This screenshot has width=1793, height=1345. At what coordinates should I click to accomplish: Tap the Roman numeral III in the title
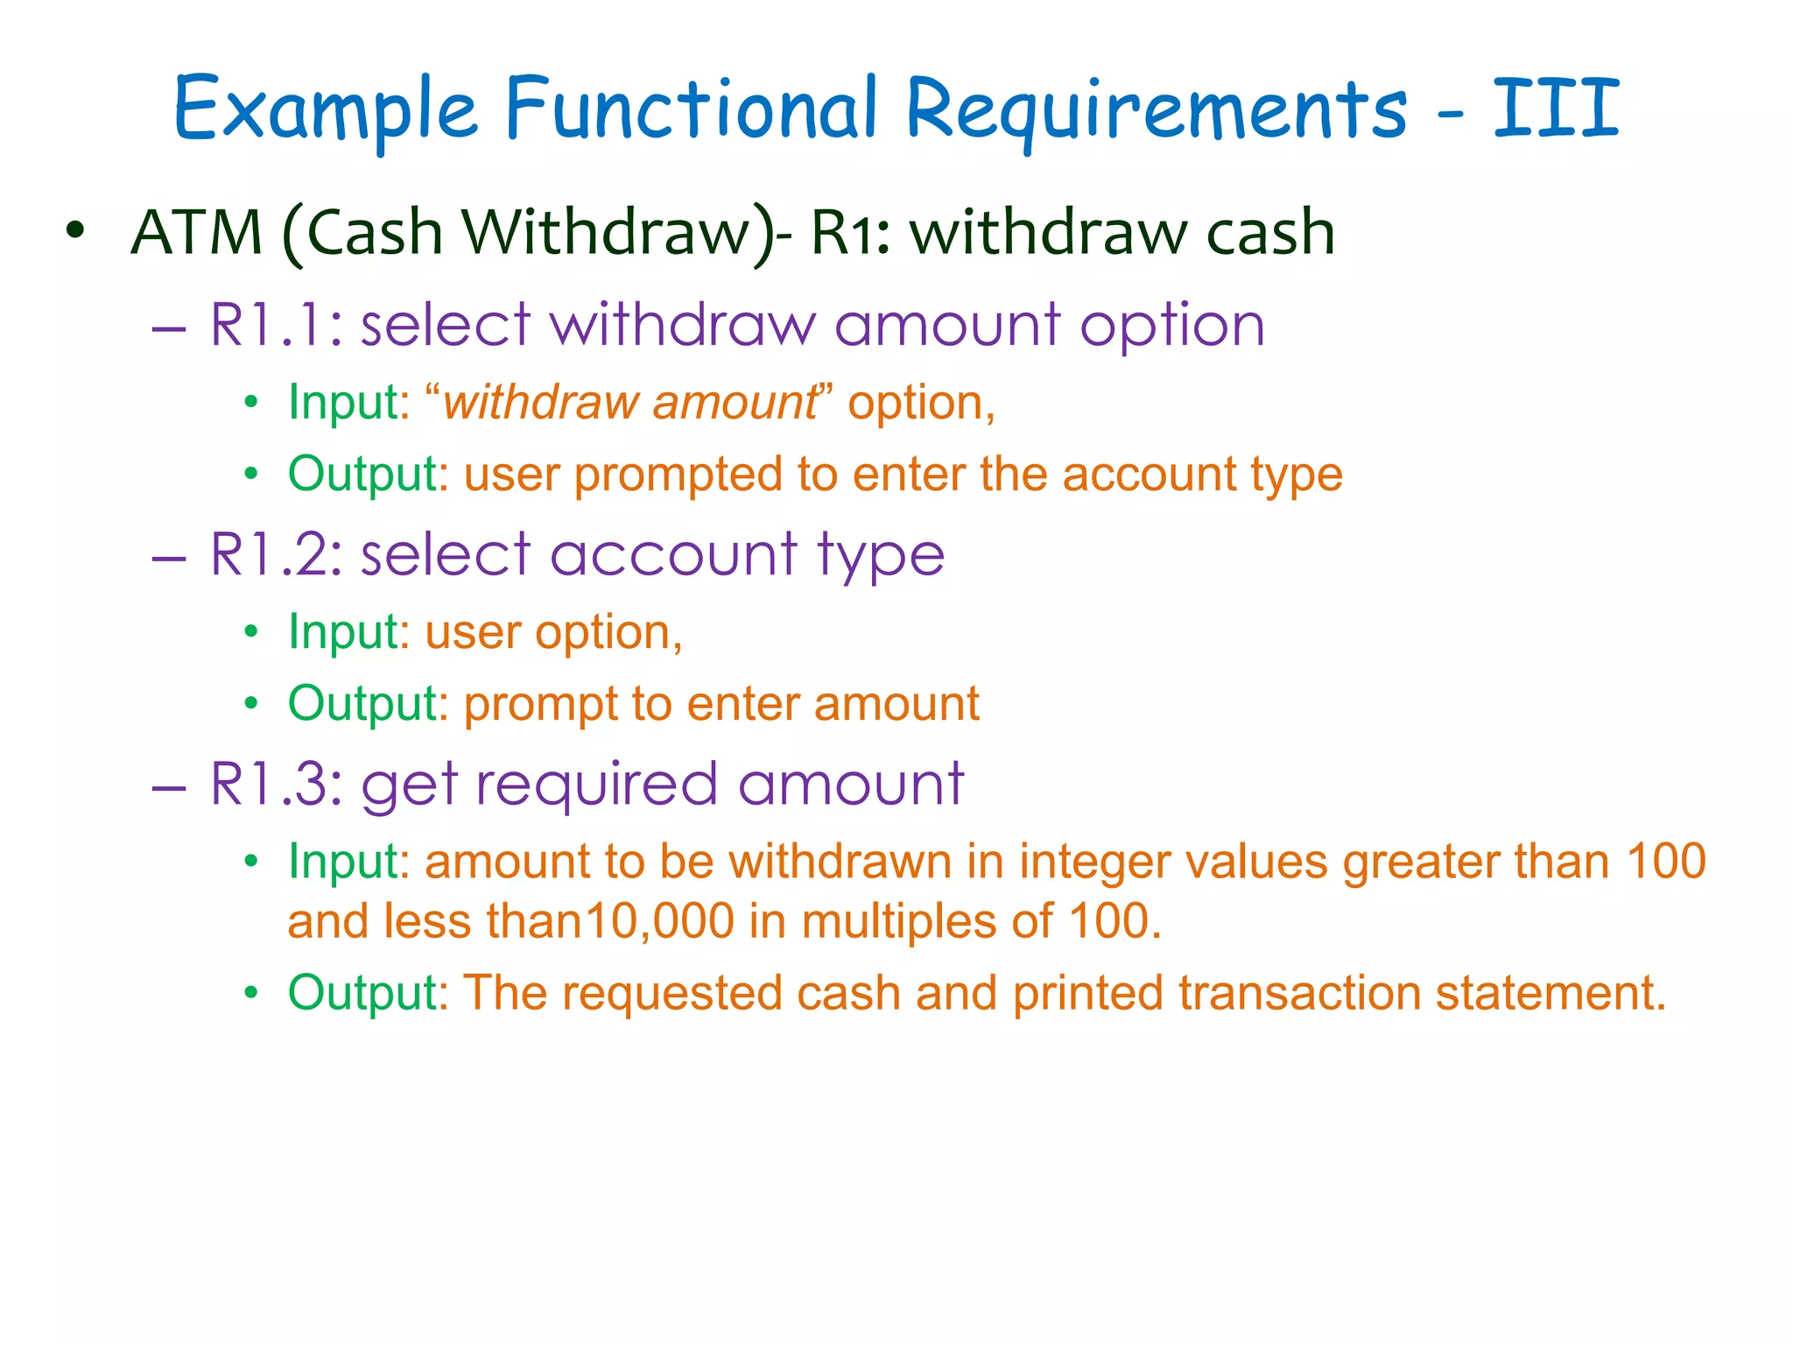pyautogui.click(x=1556, y=109)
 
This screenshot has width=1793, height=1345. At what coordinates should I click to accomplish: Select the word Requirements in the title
pyautogui.click(x=1156, y=112)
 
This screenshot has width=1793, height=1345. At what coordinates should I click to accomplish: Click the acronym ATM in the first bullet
pyautogui.click(x=197, y=233)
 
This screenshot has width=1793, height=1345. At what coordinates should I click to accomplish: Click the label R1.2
pyautogui.click(x=277, y=555)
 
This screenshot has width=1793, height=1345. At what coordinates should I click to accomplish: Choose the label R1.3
pyautogui.click(x=277, y=785)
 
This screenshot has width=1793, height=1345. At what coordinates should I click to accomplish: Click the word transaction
pyautogui.click(x=1299, y=994)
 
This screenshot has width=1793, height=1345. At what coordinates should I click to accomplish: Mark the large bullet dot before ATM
pyautogui.click(x=76, y=230)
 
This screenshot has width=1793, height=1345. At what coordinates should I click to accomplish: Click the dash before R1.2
pyautogui.click(x=169, y=558)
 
